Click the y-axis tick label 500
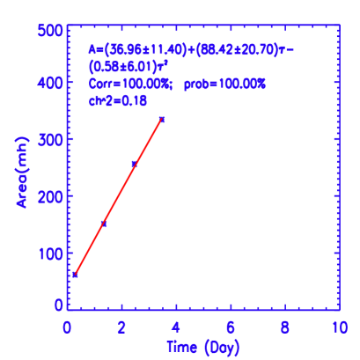(48, 31)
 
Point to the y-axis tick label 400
(48, 83)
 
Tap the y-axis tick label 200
(48, 196)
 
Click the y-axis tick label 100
(48, 253)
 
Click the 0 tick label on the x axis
(68, 326)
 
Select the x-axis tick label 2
(122, 326)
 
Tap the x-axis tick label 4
(176, 326)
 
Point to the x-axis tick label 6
(231, 326)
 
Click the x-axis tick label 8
(284, 326)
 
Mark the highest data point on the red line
(162, 119)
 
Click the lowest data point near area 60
(76, 275)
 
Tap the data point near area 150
(104, 224)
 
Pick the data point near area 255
(134, 164)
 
